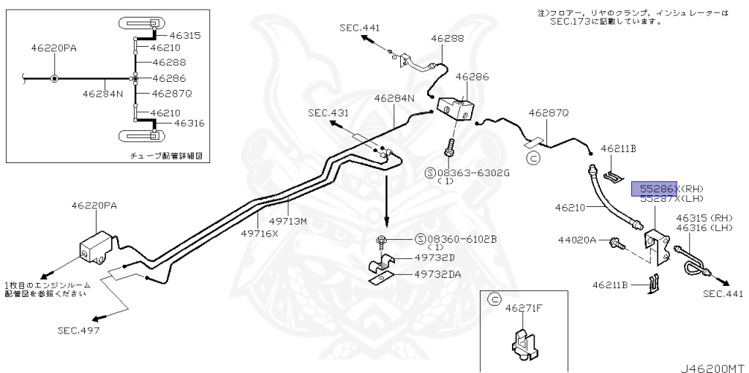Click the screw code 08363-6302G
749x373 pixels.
click(472, 172)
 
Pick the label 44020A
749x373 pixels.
click(578, 240)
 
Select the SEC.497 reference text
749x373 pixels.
click(79, 330)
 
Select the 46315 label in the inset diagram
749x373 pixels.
click(185, 35)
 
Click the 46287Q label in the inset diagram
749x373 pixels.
click(172, 93)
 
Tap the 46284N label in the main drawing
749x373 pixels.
click(394, 98)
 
